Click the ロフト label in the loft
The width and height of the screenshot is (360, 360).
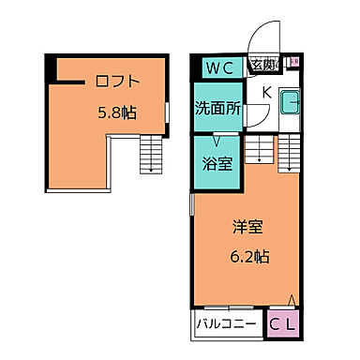[116, 80]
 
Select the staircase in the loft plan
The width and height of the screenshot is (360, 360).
[149, 155]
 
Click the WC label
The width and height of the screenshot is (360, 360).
[220, 67]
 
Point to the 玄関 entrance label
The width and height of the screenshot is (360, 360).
[262, 66]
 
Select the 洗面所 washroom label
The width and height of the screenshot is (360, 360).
[217, 108]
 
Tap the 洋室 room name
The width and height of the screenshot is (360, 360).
[247, 226]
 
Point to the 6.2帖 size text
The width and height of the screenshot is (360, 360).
[250, 256]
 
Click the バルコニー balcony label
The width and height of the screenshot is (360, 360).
[228, 325]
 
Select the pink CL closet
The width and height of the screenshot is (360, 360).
[284, 324]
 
